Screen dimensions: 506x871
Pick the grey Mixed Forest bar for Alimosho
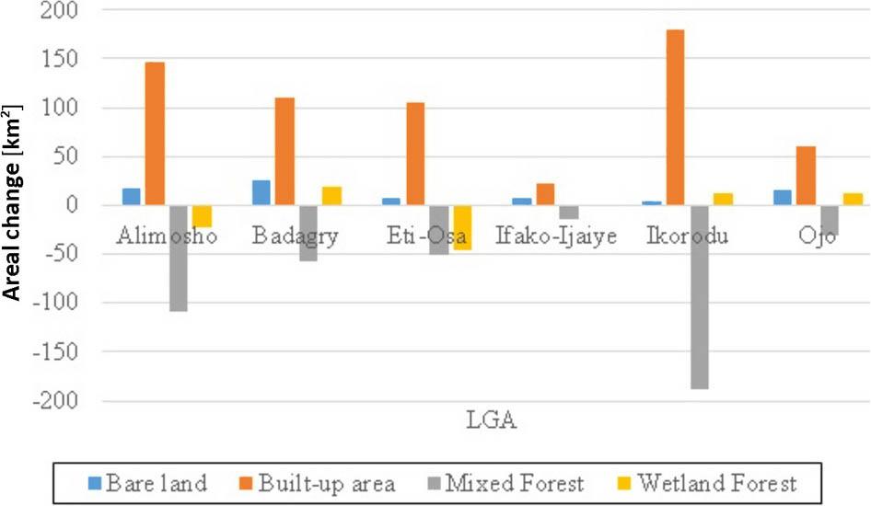tap(178, 258)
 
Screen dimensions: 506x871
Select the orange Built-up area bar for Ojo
tap(807, 175)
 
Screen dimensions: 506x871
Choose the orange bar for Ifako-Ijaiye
tap(545, 194)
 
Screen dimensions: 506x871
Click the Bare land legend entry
tap(147, 483)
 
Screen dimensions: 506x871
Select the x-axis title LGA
tap(488, 422)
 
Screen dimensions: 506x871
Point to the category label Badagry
tap(294, 236)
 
